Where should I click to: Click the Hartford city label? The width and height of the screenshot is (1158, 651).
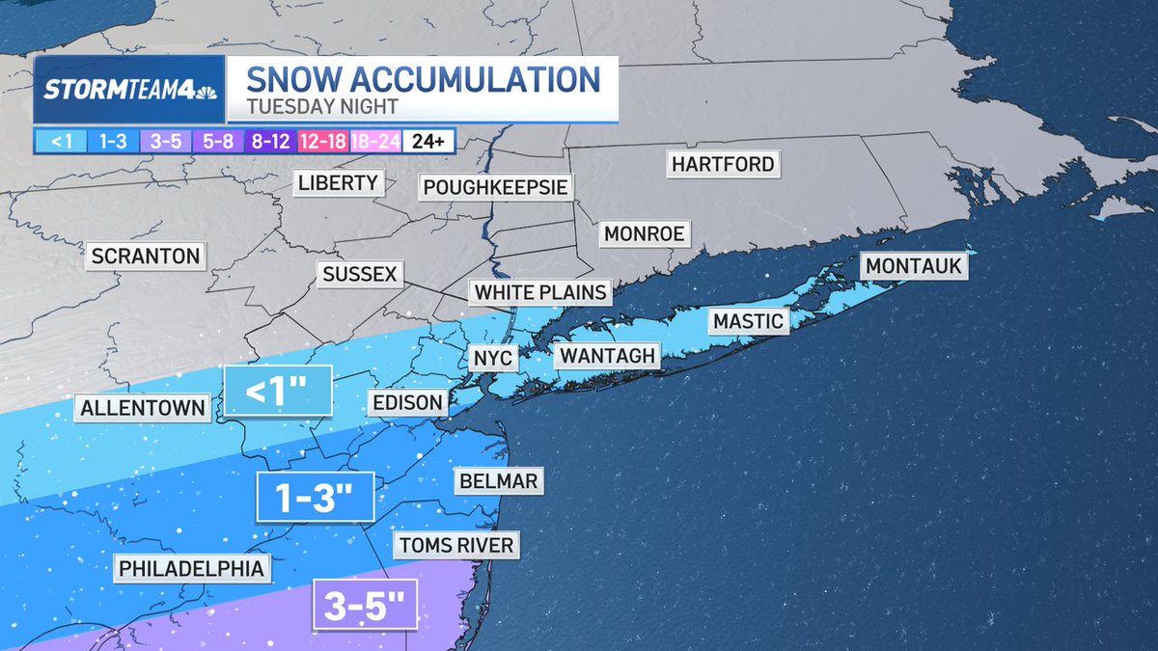coord(723,164)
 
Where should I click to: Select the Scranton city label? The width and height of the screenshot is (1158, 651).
coord(146,257)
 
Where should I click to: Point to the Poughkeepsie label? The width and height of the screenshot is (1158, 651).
coord(494,186)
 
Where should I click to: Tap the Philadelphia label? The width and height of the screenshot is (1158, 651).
coord(191,568)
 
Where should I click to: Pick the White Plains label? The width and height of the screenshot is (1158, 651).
coord(541,292)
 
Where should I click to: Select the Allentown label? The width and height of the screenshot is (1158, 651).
coord(143,408)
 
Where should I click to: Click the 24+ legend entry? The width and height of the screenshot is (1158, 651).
coord(428,142)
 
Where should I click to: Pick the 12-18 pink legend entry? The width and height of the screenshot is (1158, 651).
coord(324,142)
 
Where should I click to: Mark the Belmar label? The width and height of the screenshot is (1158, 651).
coord(497,480)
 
